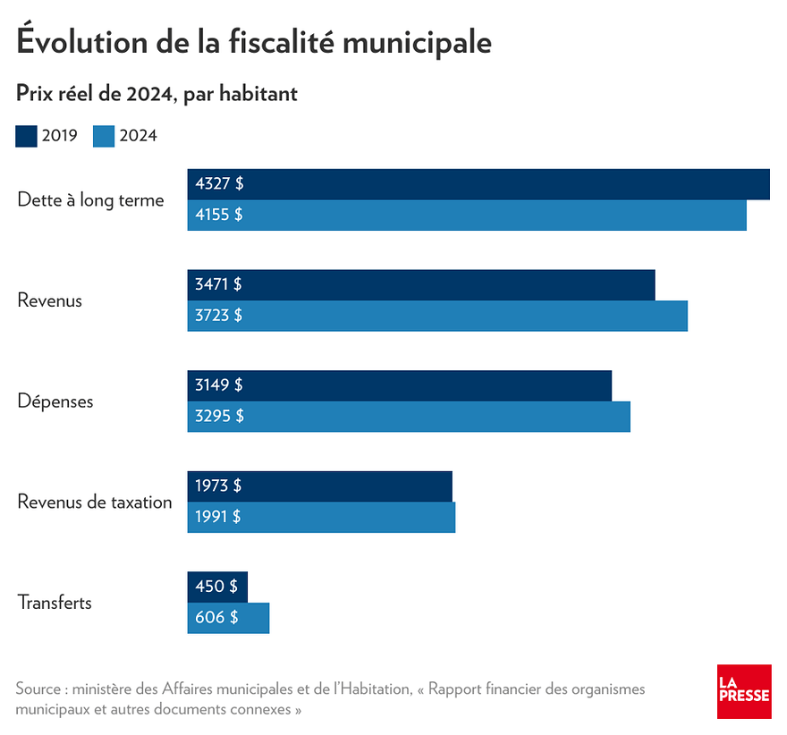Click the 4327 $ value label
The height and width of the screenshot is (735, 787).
coord(219,184)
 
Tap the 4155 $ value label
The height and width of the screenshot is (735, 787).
coord(219,215)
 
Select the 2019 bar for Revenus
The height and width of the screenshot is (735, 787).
coord(447,284)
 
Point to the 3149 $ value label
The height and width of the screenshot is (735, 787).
coord(219,385)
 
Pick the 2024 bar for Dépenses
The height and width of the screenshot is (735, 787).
coord(429,416)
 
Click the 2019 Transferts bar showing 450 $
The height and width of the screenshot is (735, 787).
coord(217,587)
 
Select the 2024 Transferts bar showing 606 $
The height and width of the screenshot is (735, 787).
coord(228,618)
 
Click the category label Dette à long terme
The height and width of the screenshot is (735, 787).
coord(91,200)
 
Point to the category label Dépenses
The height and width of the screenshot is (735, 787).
coord(55,401)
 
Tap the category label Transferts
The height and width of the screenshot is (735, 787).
coord(55,603)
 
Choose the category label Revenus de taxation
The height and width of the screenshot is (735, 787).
coord(95,502)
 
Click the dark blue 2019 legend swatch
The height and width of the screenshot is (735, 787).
coord(26,136)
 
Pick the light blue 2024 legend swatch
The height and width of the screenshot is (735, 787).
coord(104,136)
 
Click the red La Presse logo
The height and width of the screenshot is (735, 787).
coord(743,691)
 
